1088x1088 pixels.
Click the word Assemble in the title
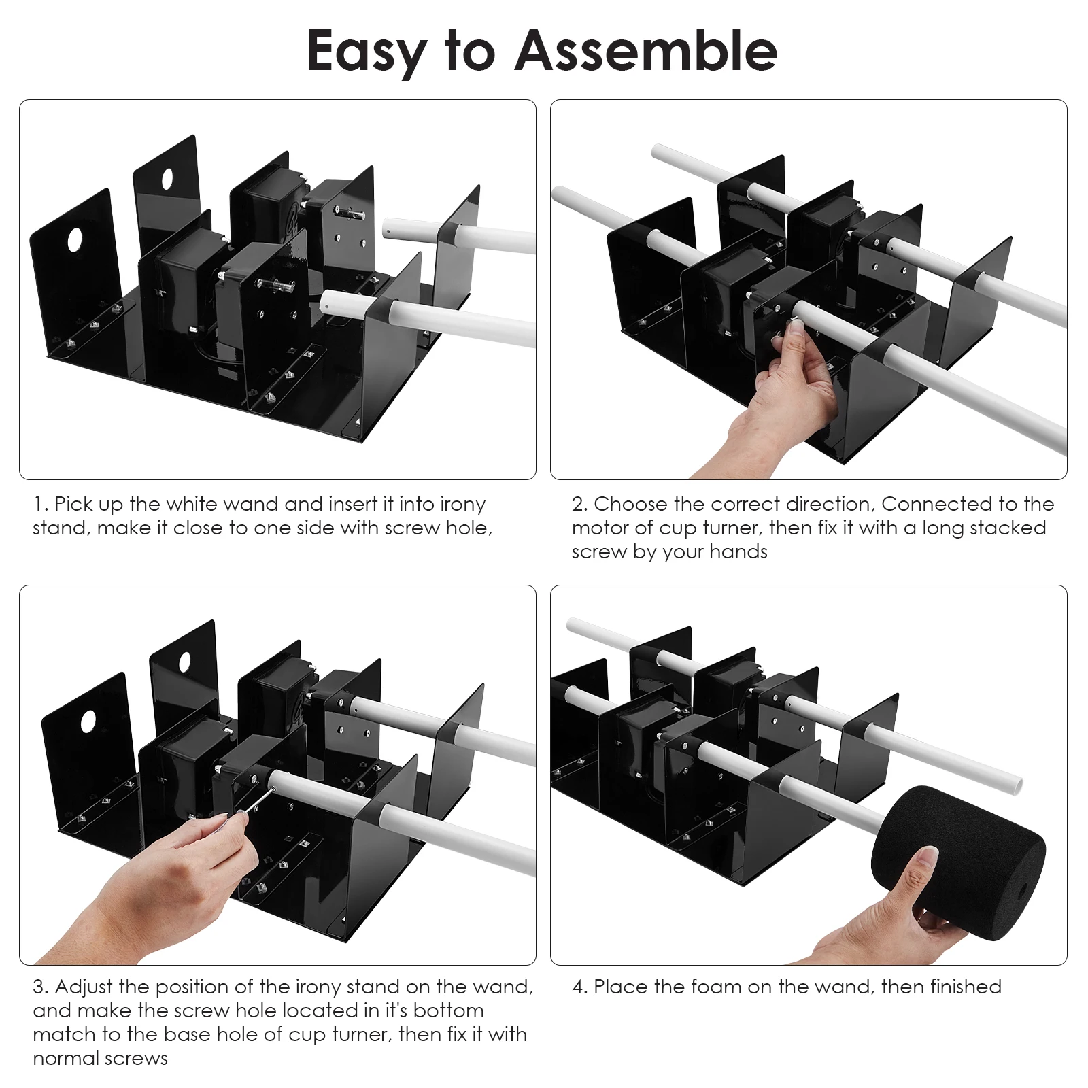tap(647, 51)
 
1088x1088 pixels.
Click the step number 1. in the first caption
tap(41, 505)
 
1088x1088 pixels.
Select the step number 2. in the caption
tap(580, 505)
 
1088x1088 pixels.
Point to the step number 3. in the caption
tap(41, 987)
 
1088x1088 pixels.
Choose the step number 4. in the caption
tap(580, 987)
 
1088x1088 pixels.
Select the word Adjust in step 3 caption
tap(84, 988)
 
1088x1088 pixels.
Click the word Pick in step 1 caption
tap(73, 504)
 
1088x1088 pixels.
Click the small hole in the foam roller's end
tap(1023, 889)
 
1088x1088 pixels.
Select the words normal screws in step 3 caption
tap(101, 1059)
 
